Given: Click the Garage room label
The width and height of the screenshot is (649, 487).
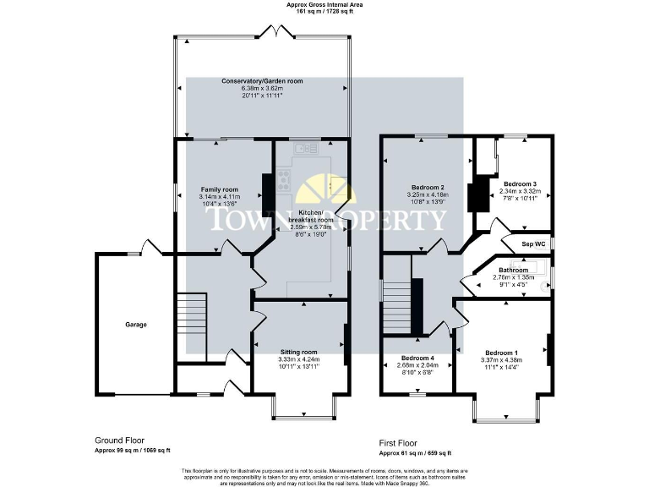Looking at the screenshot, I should (x=136, y=325).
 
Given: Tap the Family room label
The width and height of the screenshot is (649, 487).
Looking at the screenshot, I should (x=219, y=189).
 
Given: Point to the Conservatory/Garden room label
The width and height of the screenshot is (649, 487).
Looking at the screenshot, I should (x=262, y=81).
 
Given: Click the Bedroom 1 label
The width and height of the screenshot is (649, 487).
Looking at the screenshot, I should (x=502, y=352).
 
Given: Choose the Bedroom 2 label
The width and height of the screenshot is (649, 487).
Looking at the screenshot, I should (x=428, y=187).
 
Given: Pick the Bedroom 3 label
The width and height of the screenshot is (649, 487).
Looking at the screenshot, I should (x=520, y=183).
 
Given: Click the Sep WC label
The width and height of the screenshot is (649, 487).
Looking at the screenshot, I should (x=534, y=244).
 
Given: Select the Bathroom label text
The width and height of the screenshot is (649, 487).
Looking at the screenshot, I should (x=513, y=270).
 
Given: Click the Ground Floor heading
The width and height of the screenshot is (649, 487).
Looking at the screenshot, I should (x=119, y=440).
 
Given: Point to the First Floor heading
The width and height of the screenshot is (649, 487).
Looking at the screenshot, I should (x=397, y=441).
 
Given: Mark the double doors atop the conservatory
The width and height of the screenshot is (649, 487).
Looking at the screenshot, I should (x=275, y=32).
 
